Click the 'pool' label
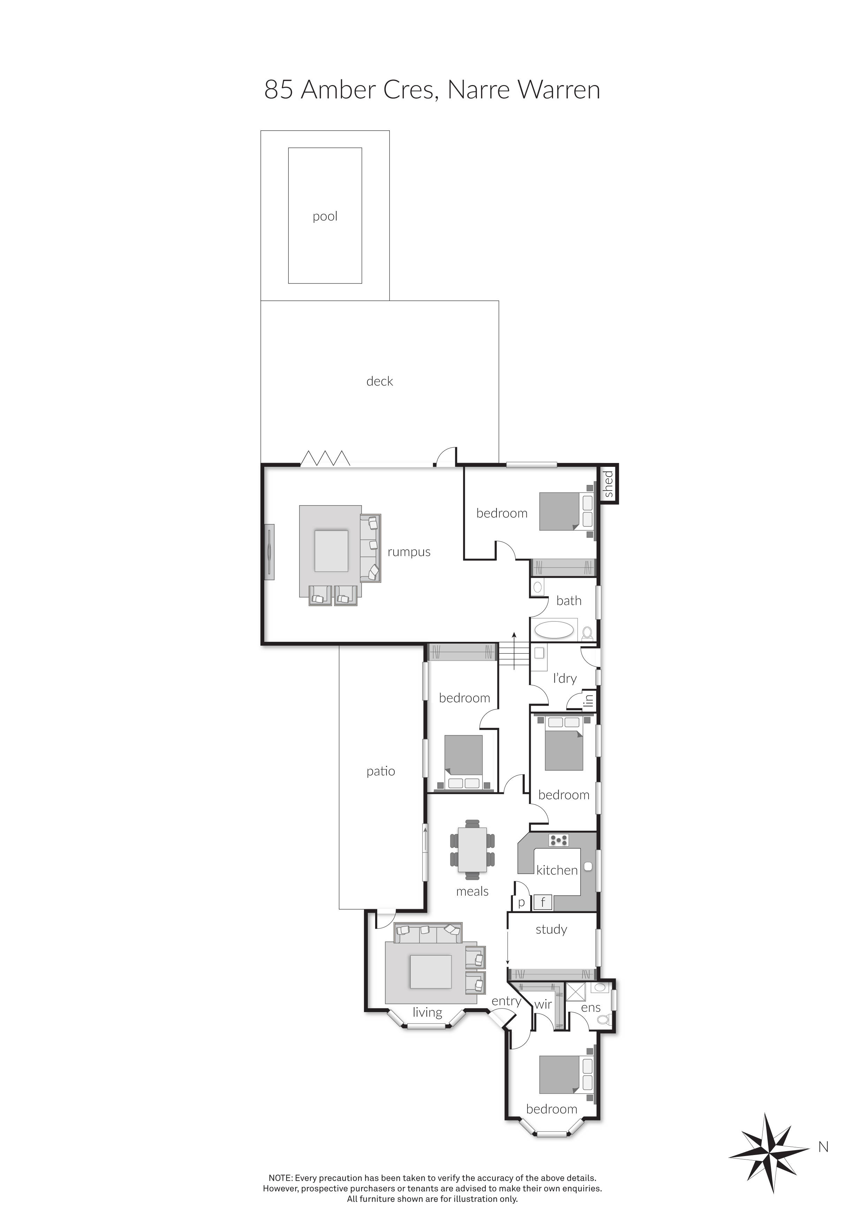325,216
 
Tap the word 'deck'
379,381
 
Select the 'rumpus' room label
409,552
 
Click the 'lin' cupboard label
588,699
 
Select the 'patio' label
380,771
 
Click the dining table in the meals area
472,849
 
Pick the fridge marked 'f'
543,902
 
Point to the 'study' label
551,929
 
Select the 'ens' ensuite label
591,1008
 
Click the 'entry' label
506,1001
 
